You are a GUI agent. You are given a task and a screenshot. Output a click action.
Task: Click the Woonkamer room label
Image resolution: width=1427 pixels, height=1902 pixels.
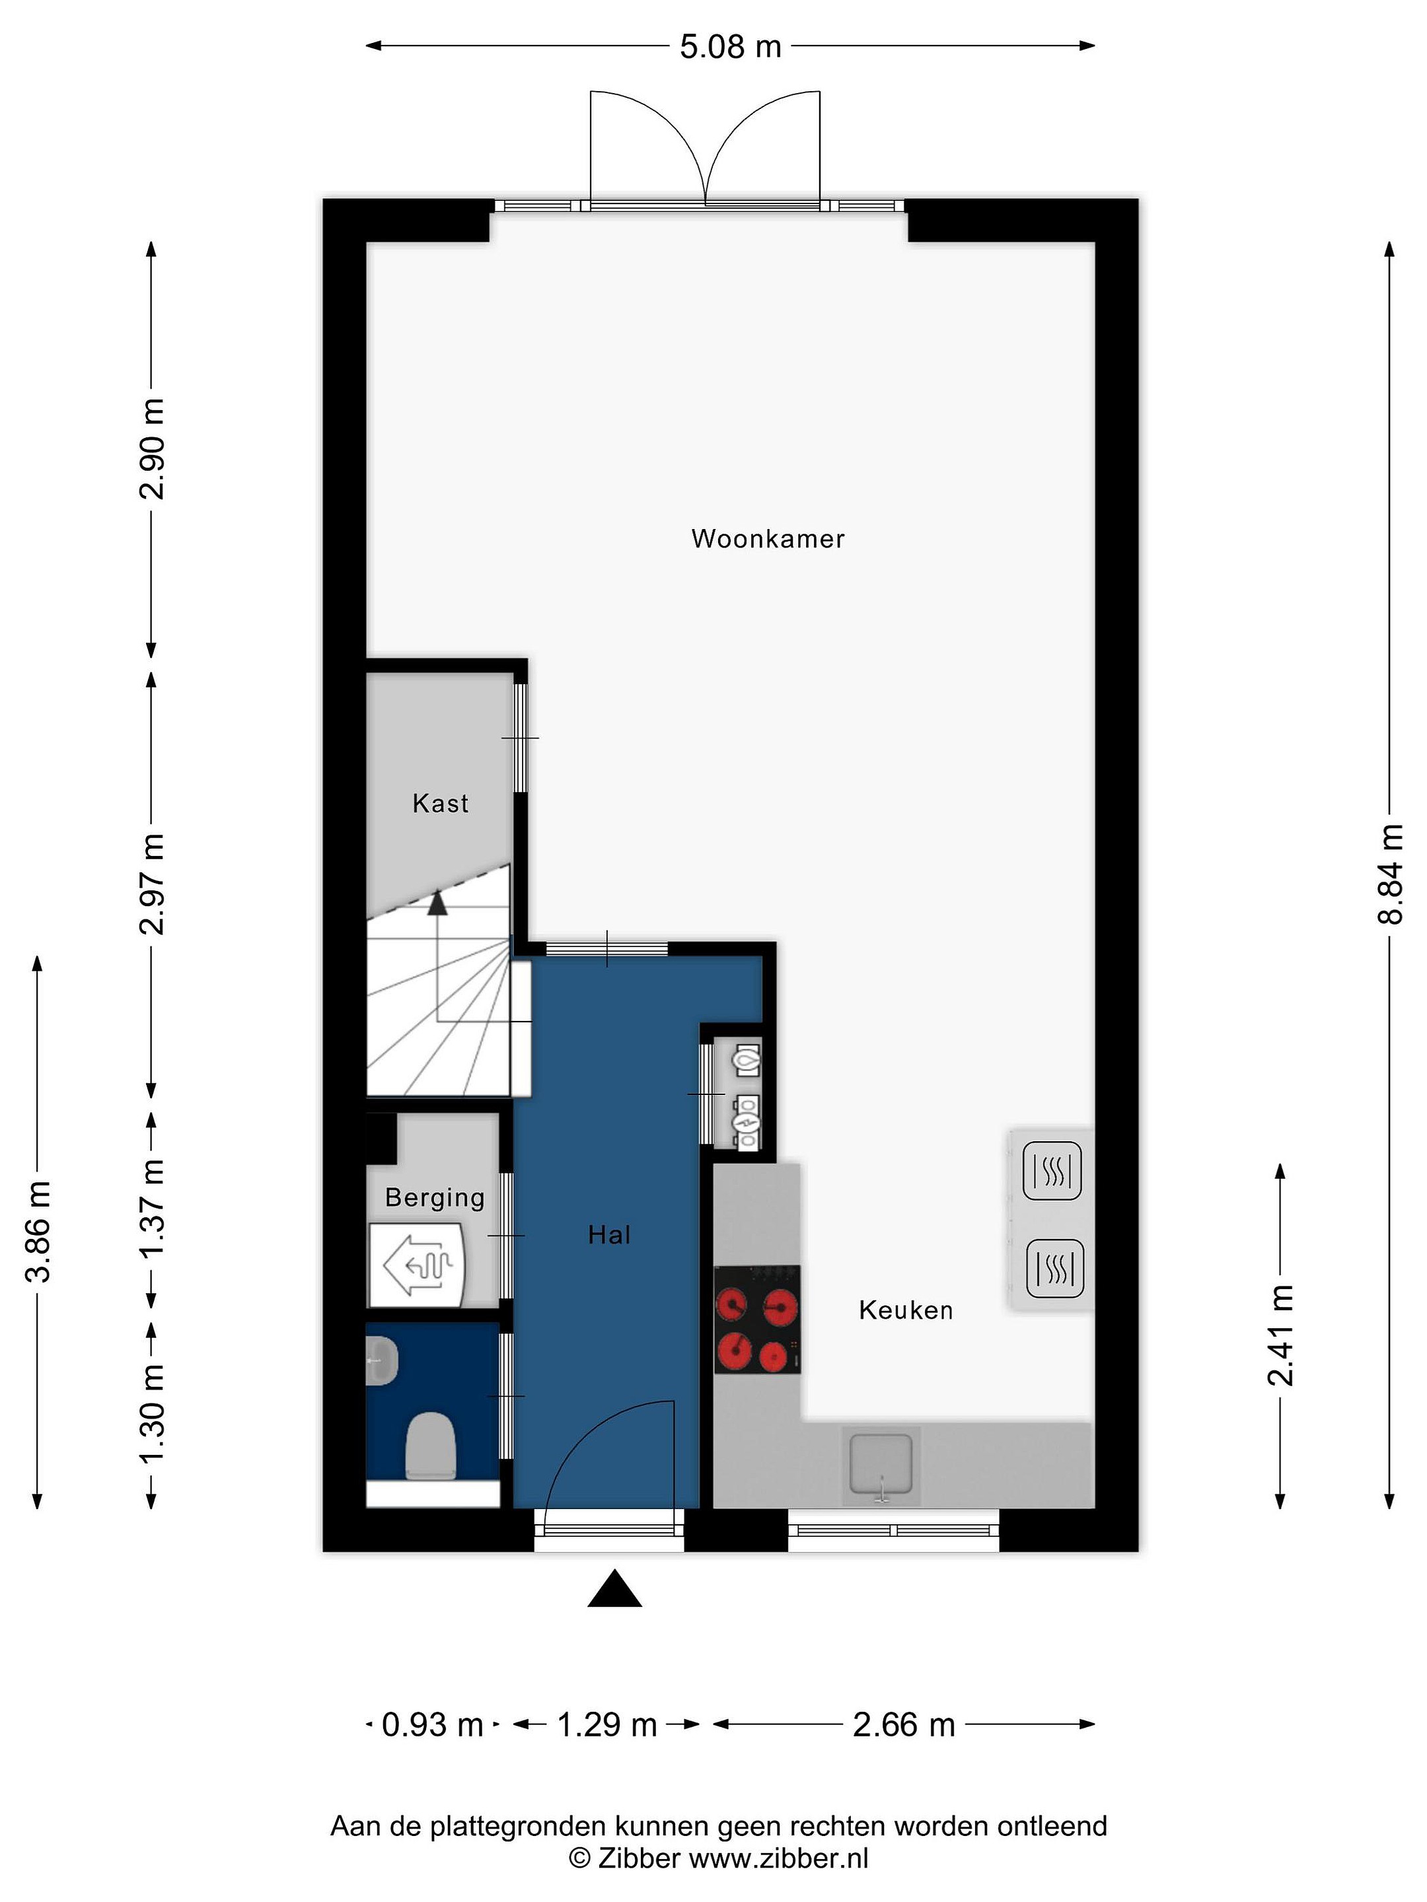(x=767, y=539)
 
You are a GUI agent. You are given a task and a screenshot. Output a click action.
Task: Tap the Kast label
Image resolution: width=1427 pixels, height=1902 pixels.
(x=441, y=803)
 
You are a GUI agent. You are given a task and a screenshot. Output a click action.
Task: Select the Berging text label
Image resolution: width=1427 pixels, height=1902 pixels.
(x=435, y=1199)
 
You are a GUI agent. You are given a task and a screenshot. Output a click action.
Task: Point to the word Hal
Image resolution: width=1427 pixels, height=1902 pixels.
(x=609, y=1235)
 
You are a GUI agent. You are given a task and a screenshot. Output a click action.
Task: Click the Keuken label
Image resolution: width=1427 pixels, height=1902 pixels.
(x=906, y=1310)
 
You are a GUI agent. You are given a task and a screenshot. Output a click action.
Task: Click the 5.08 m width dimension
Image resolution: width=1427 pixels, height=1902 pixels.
(x=730, y=46)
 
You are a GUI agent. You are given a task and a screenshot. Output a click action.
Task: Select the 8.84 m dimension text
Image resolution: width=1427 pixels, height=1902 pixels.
(x=1390, y=874)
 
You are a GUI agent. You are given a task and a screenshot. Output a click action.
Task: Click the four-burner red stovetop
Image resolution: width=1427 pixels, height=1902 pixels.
(x=758, y=1319)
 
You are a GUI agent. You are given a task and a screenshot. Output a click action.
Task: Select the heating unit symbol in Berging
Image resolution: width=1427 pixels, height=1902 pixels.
(x=417, y=1265)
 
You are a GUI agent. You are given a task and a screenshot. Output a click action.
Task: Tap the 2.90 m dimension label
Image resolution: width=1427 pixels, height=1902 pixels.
(x=152, y=449)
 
